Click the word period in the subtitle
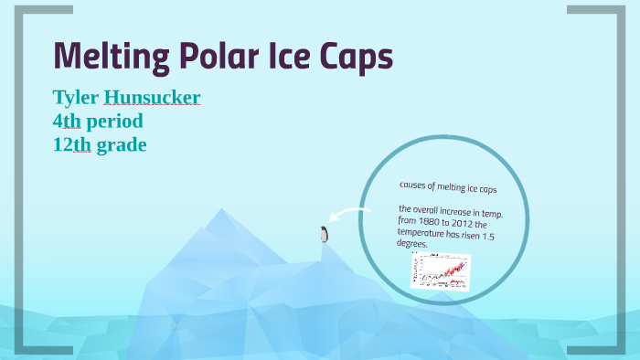tap(114, 121)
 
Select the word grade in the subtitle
tap(122, 144)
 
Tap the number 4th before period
tap(66, 121)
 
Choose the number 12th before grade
tap(71, 144)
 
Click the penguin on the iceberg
tap(323, 234)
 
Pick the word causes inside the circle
tap(416, 185)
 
